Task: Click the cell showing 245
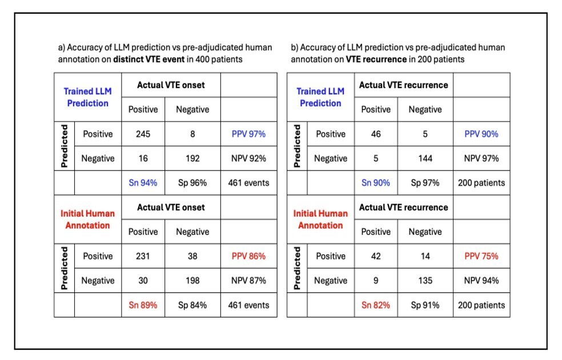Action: [143, 134]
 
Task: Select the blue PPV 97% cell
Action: [248, 134]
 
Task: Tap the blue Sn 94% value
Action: [143, 183]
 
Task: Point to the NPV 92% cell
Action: [248, 158]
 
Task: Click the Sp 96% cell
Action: [192, 183]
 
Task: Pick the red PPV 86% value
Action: [248, 257]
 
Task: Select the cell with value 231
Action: [143, 257]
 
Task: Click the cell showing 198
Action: [192, 281]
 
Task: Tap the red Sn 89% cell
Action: [143, 305]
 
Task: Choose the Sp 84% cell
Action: [192, 305]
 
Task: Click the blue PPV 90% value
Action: [481, 134]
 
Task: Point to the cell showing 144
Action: [425, 158]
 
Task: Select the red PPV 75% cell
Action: [481, 257]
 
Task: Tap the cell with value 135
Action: [425, 281]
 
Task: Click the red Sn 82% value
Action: [376, 305]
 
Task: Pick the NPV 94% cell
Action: [481, 281]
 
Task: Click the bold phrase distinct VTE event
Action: [148, 59]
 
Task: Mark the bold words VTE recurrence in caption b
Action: [376, 59]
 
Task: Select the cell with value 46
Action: [376, 134]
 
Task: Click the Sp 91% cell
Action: [425, 305]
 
